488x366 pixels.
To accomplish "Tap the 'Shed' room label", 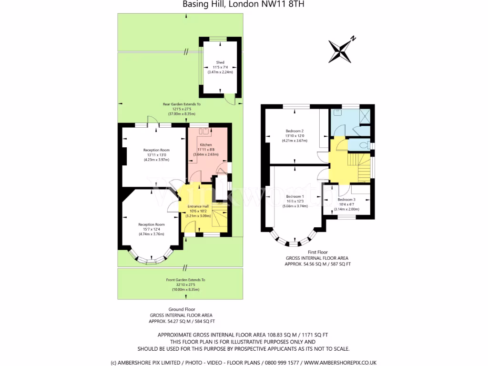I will coord(220,62).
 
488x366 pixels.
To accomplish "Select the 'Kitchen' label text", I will coord(206,144).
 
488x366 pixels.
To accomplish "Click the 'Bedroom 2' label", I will coord(295,131).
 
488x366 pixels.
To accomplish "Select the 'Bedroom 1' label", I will coord(295,196).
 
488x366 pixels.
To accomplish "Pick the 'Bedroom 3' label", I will coord(346,199).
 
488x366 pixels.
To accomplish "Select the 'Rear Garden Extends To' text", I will coord(182,104).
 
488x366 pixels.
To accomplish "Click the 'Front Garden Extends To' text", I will coord(186,280).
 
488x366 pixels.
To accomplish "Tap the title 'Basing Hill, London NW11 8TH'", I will coord(244,5).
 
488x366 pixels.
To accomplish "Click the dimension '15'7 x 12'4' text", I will coord(151,229).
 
